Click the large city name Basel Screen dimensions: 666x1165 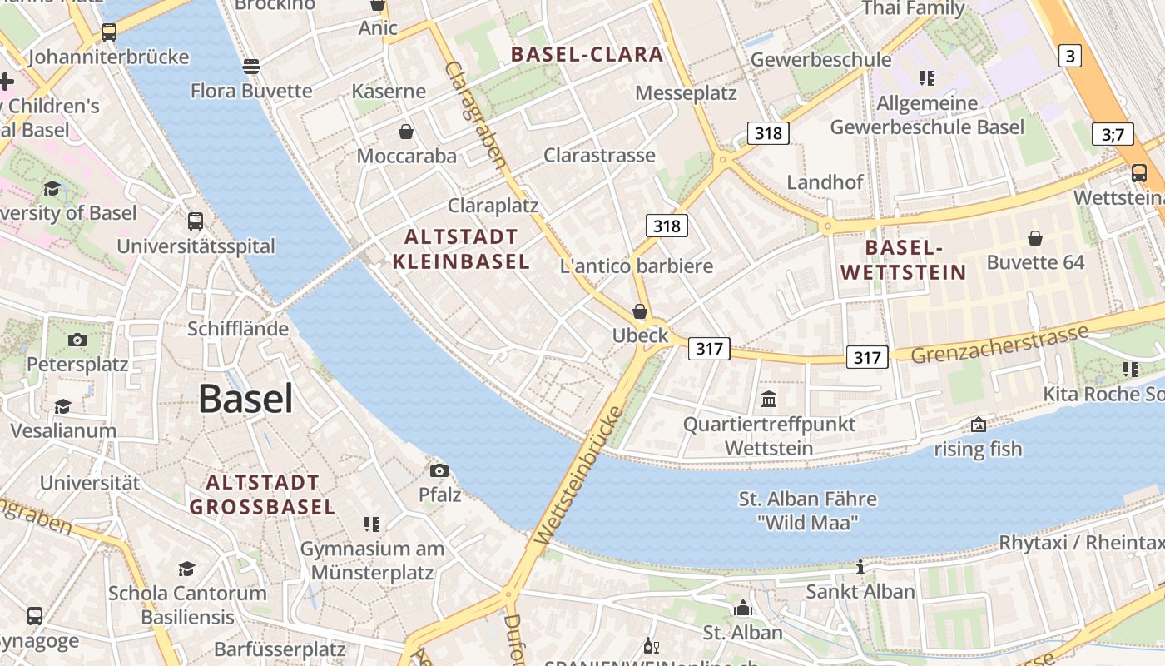(x=245, y=400)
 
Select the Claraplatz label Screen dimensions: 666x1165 (x=493, y=206)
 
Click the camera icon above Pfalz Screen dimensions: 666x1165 (x=439, y=471)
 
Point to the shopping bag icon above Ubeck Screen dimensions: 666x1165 (x=640, y=311)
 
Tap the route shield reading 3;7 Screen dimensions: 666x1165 (x=1113, y=134)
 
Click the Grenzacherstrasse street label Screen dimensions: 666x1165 (x=999, y=344)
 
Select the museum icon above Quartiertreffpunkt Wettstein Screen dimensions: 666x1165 (x=769, y=400)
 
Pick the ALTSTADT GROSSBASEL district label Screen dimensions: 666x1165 (x=262, y=495)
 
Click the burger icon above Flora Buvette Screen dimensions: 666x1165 (x=251, y=66)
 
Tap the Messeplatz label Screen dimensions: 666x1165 (x=686, y=92)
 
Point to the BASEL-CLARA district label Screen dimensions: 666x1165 (x=587, y=55)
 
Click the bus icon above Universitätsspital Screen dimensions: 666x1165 (x=196, y=221)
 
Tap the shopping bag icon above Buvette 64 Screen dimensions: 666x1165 (x=1035, y=239)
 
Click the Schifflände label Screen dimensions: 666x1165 (x=238, y=329)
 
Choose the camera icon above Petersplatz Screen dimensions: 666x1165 (x=77, y=340)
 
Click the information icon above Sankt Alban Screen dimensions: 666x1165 (x=860, y=568)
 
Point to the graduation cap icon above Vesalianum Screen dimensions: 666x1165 (x=63, y=406)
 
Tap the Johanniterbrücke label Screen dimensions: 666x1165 (x=109, y=57)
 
